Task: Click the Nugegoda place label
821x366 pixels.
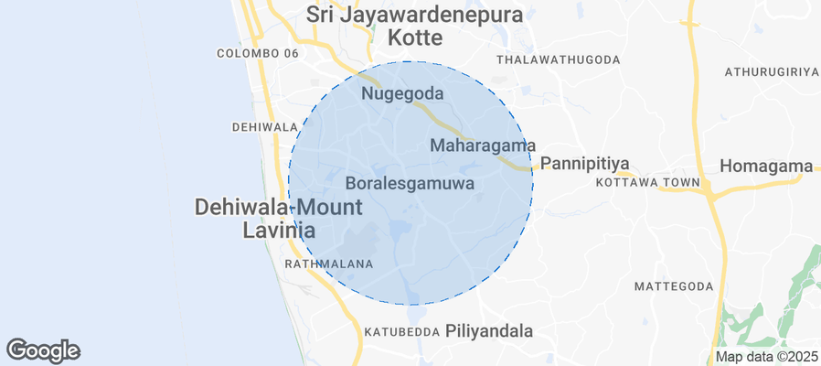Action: pos(402,94)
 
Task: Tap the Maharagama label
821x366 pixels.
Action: pos(482,145)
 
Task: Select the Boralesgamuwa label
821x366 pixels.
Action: pos(410,184)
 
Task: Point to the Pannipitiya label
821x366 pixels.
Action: pos(586,165)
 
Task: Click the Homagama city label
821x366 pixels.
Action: pos(766,167)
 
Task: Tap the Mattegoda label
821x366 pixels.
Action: pos(673,286)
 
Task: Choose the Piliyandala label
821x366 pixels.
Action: pos(488,331)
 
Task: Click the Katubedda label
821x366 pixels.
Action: pos(402,331)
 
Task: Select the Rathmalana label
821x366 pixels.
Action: pos(329,264)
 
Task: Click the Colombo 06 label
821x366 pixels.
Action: pos(258,54)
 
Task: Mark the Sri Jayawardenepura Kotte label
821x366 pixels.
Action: pos(414,27)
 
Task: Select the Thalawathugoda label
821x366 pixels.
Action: pos(558,59)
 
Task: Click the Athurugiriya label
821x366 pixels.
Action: pos(770,71)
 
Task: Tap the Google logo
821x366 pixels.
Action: pos(43,350)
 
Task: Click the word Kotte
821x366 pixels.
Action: pos(414,38)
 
